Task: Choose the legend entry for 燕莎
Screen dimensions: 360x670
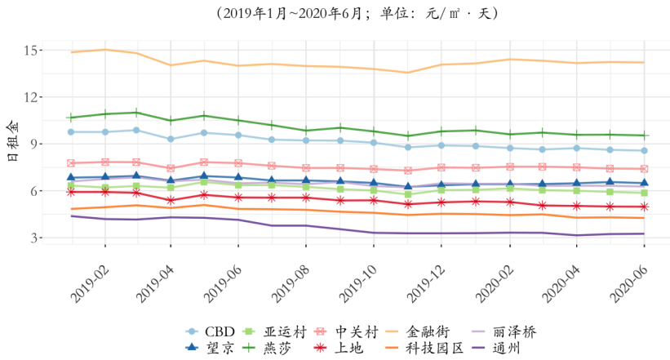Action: (278, 348)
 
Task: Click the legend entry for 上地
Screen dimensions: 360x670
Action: (351, 348)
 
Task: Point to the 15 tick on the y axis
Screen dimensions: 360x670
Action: (33, 51)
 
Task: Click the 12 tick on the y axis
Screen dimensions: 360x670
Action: (33, 97)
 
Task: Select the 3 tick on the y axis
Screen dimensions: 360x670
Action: (37, 238)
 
